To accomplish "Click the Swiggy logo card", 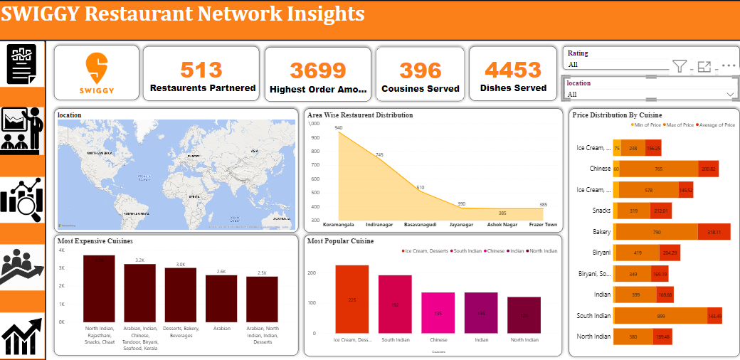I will [97, 74].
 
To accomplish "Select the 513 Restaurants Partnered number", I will [201, 70].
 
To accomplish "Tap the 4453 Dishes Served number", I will [513, 70].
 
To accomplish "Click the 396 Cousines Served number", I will [421, 70].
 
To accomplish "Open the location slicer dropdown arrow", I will [729, 94].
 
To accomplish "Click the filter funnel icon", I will [680, 67].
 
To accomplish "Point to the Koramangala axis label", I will [339, 225].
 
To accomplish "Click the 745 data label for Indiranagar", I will [379, 155].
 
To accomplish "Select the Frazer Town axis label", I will [543, 225].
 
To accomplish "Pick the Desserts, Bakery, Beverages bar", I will [180, 295].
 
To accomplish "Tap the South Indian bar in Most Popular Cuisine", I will [395, 304].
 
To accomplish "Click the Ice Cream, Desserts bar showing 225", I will [351, 299].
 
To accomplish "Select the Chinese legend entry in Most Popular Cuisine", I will [495, 250].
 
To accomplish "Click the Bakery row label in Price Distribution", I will [601, 232].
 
